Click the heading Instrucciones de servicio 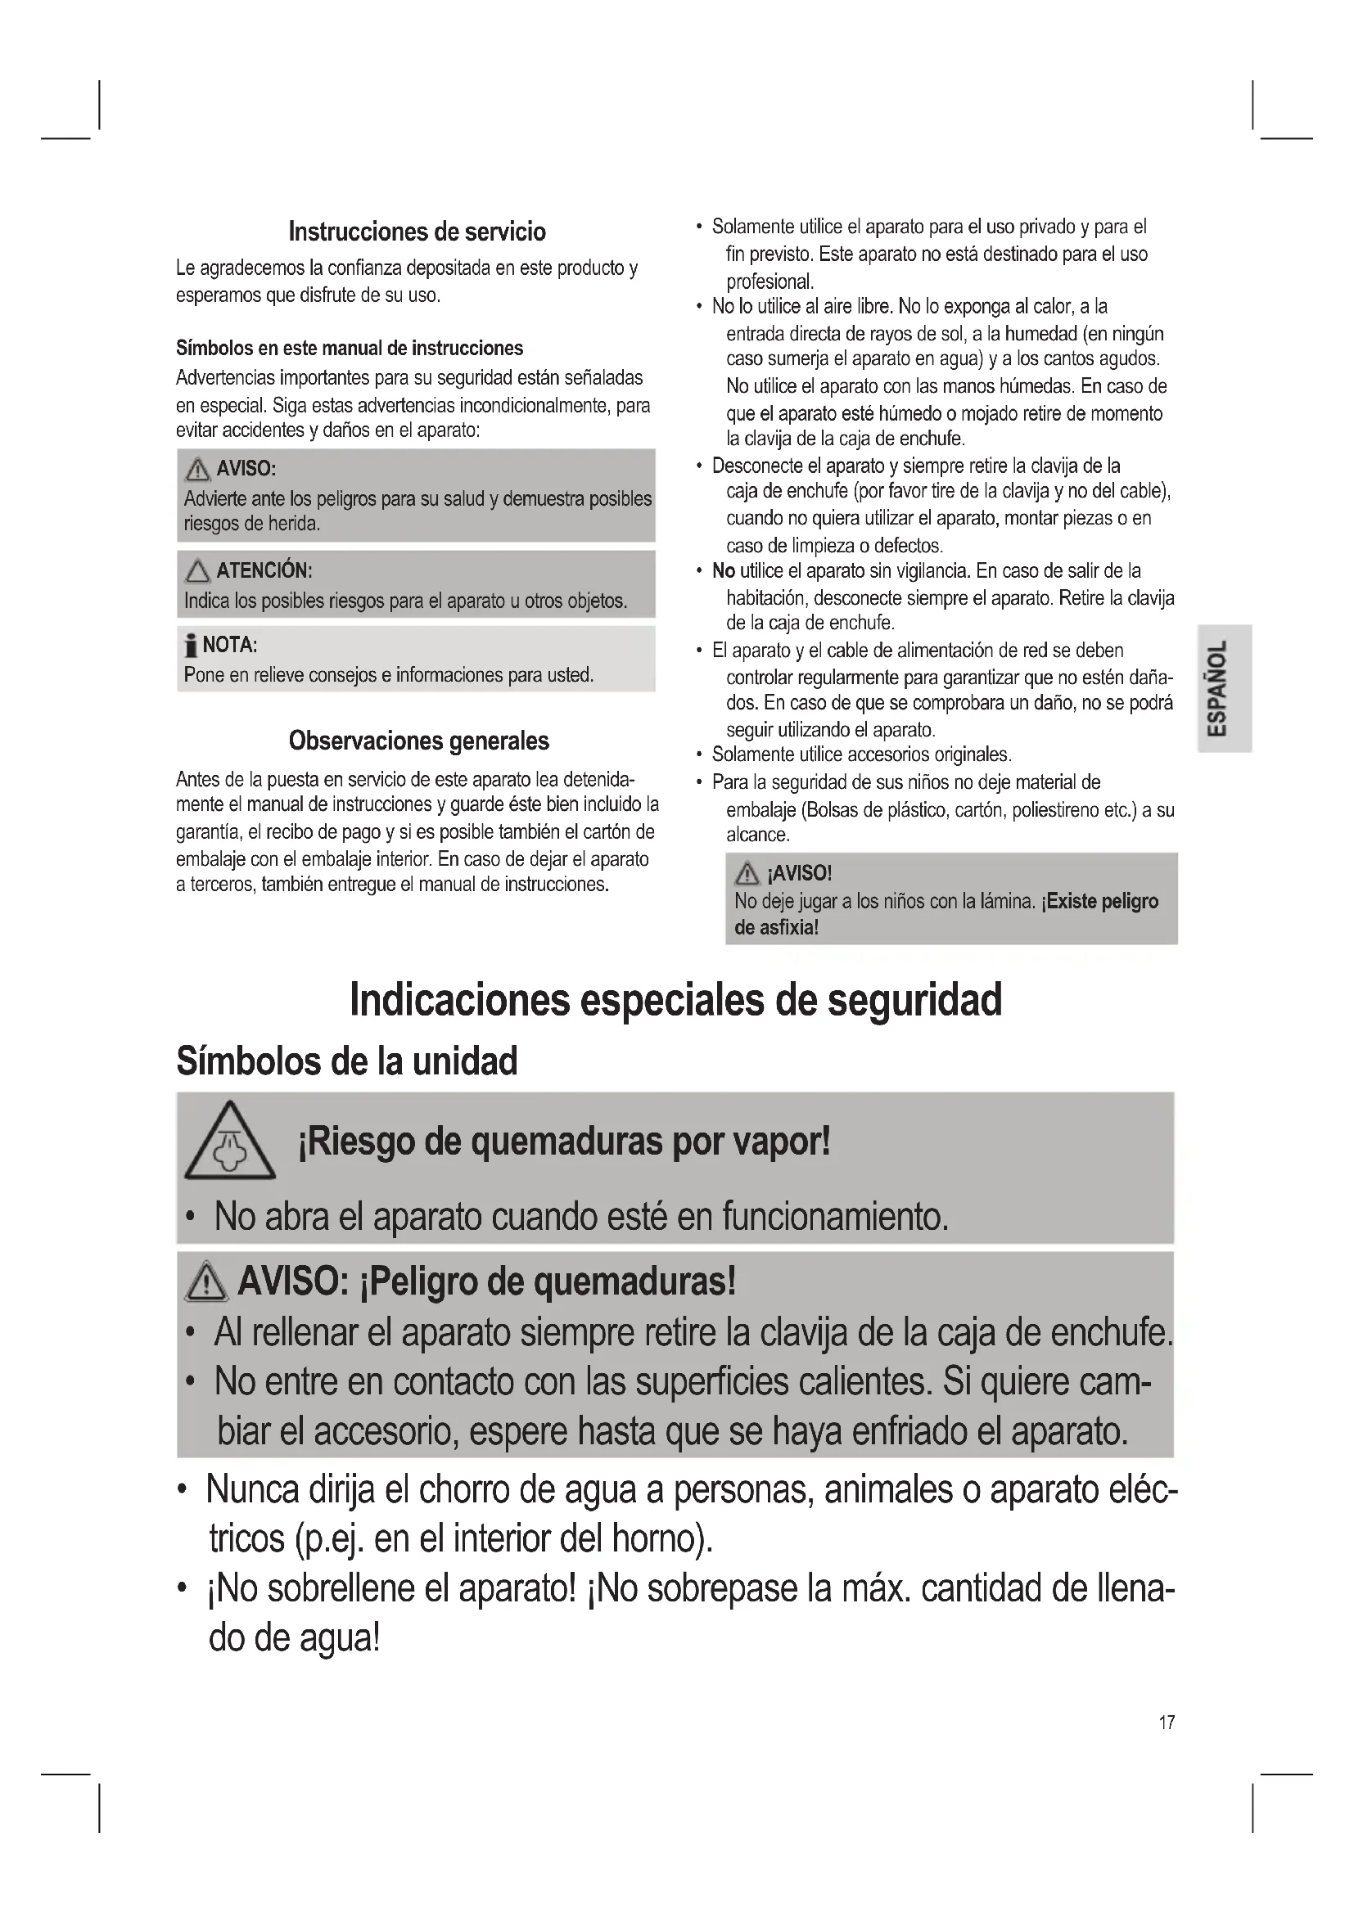pos(417,231)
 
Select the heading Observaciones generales pos(418,741)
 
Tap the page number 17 pos(1167,1722)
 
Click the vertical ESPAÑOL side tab pos(1224,687)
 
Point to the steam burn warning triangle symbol pos(229,1143)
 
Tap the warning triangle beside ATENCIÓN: pos(197,571)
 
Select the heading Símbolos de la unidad pos(347,1061)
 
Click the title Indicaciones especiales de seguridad pos(675,999)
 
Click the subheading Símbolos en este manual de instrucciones pos(350,348)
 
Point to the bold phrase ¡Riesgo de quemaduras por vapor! pos(563,1142)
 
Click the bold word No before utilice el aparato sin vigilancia pos(723,571)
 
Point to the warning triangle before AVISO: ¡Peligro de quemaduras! pos(206,1283)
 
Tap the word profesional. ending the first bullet pos(770,281)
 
